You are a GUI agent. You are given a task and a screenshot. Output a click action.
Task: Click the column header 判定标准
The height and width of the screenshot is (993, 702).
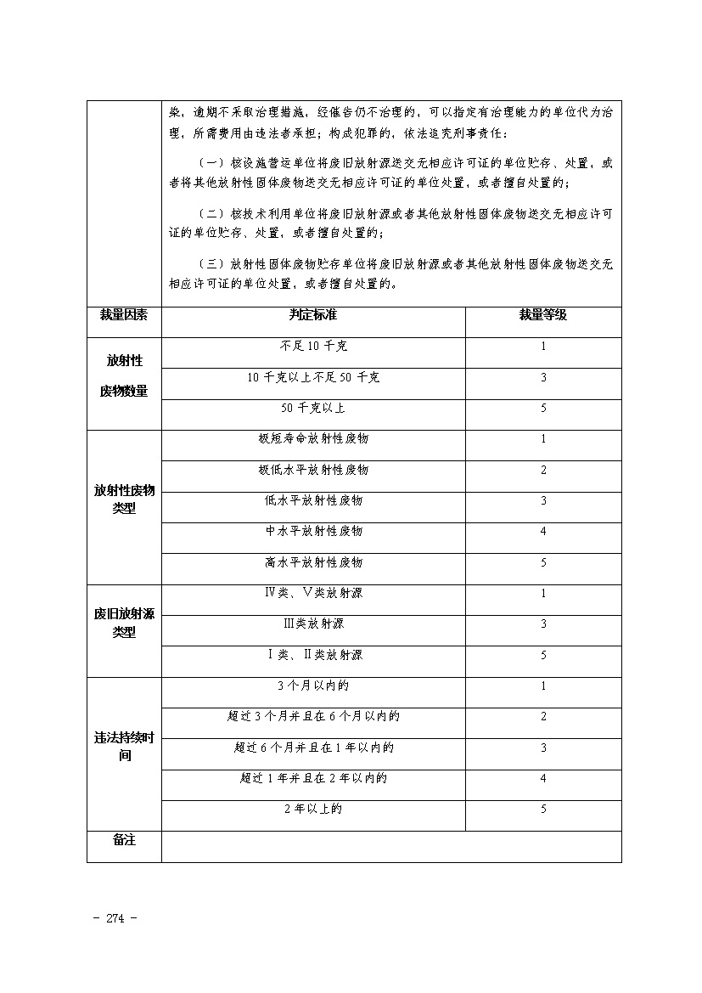[312, 315]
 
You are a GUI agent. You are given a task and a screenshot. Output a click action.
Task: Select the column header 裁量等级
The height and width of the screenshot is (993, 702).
[543, 315]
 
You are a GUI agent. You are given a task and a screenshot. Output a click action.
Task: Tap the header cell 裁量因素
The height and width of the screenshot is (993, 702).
[124, 315]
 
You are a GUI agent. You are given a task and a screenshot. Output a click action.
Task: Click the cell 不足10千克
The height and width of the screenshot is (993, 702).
[313, 347]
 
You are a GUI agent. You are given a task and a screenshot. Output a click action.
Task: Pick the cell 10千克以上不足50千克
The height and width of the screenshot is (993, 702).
[313, 377]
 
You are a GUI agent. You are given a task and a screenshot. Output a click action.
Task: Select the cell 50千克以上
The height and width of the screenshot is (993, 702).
[313, 408]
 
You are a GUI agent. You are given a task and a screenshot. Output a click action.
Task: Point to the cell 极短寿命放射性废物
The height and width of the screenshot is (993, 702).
[313, 439]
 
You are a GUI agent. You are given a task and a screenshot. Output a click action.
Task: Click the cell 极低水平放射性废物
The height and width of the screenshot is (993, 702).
[313, 470]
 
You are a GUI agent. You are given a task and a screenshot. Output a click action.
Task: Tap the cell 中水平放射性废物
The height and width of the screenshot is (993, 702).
[313, 531]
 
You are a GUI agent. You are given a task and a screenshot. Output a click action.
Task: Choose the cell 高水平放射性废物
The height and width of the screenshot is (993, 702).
[313, 562]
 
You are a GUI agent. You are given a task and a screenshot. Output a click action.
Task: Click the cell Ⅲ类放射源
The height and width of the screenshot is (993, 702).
[313, 623]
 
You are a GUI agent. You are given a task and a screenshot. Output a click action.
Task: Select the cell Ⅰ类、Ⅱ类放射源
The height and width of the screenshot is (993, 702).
[313, 655]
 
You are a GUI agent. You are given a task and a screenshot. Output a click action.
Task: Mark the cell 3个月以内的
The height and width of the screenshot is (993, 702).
[313, 686]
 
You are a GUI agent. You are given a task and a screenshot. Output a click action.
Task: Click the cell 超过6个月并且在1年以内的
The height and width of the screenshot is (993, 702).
[313, 748]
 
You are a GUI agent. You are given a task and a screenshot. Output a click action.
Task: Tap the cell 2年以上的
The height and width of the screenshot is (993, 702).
[313, 810]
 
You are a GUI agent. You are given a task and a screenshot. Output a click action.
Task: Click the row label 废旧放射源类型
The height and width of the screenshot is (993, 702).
[124, 623]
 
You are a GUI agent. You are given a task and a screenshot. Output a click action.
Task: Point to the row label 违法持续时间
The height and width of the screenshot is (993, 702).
[124, 747]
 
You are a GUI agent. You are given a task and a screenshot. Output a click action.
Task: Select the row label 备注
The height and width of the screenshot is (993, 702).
[124, 840]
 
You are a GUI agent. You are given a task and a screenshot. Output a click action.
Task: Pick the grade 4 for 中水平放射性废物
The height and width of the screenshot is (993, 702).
[543, 532]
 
